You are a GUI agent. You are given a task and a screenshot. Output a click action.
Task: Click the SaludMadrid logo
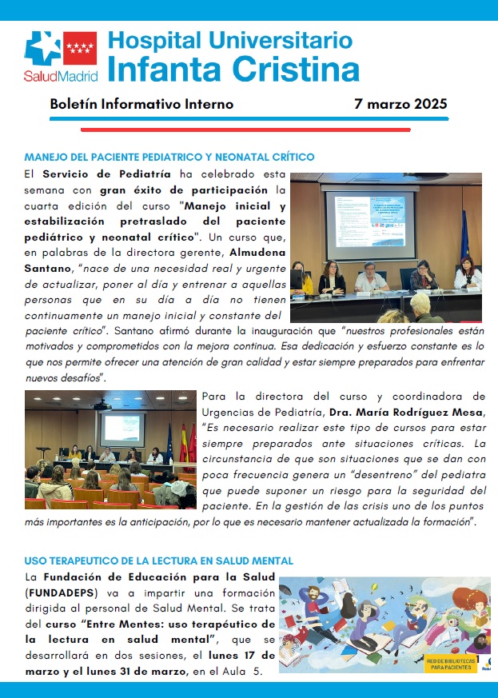point(62,57)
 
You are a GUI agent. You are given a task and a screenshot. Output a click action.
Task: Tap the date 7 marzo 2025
point(400,105)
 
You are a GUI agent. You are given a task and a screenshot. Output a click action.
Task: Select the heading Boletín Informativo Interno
point(141,105)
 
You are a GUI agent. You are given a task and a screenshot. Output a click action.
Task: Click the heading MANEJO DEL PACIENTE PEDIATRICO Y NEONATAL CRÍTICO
point(169,157)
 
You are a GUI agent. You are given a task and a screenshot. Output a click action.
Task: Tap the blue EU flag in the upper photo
point(464,232)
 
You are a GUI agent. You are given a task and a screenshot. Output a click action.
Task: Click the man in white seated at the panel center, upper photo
point(373,277)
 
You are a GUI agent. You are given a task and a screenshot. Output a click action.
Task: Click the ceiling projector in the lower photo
point(102,405)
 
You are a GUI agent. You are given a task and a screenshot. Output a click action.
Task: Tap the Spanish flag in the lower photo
point(183,445)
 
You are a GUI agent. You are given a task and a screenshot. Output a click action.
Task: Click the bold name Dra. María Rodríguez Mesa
point(412,412)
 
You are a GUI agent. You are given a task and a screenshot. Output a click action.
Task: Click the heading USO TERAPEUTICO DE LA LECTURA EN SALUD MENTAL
point(158,561)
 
